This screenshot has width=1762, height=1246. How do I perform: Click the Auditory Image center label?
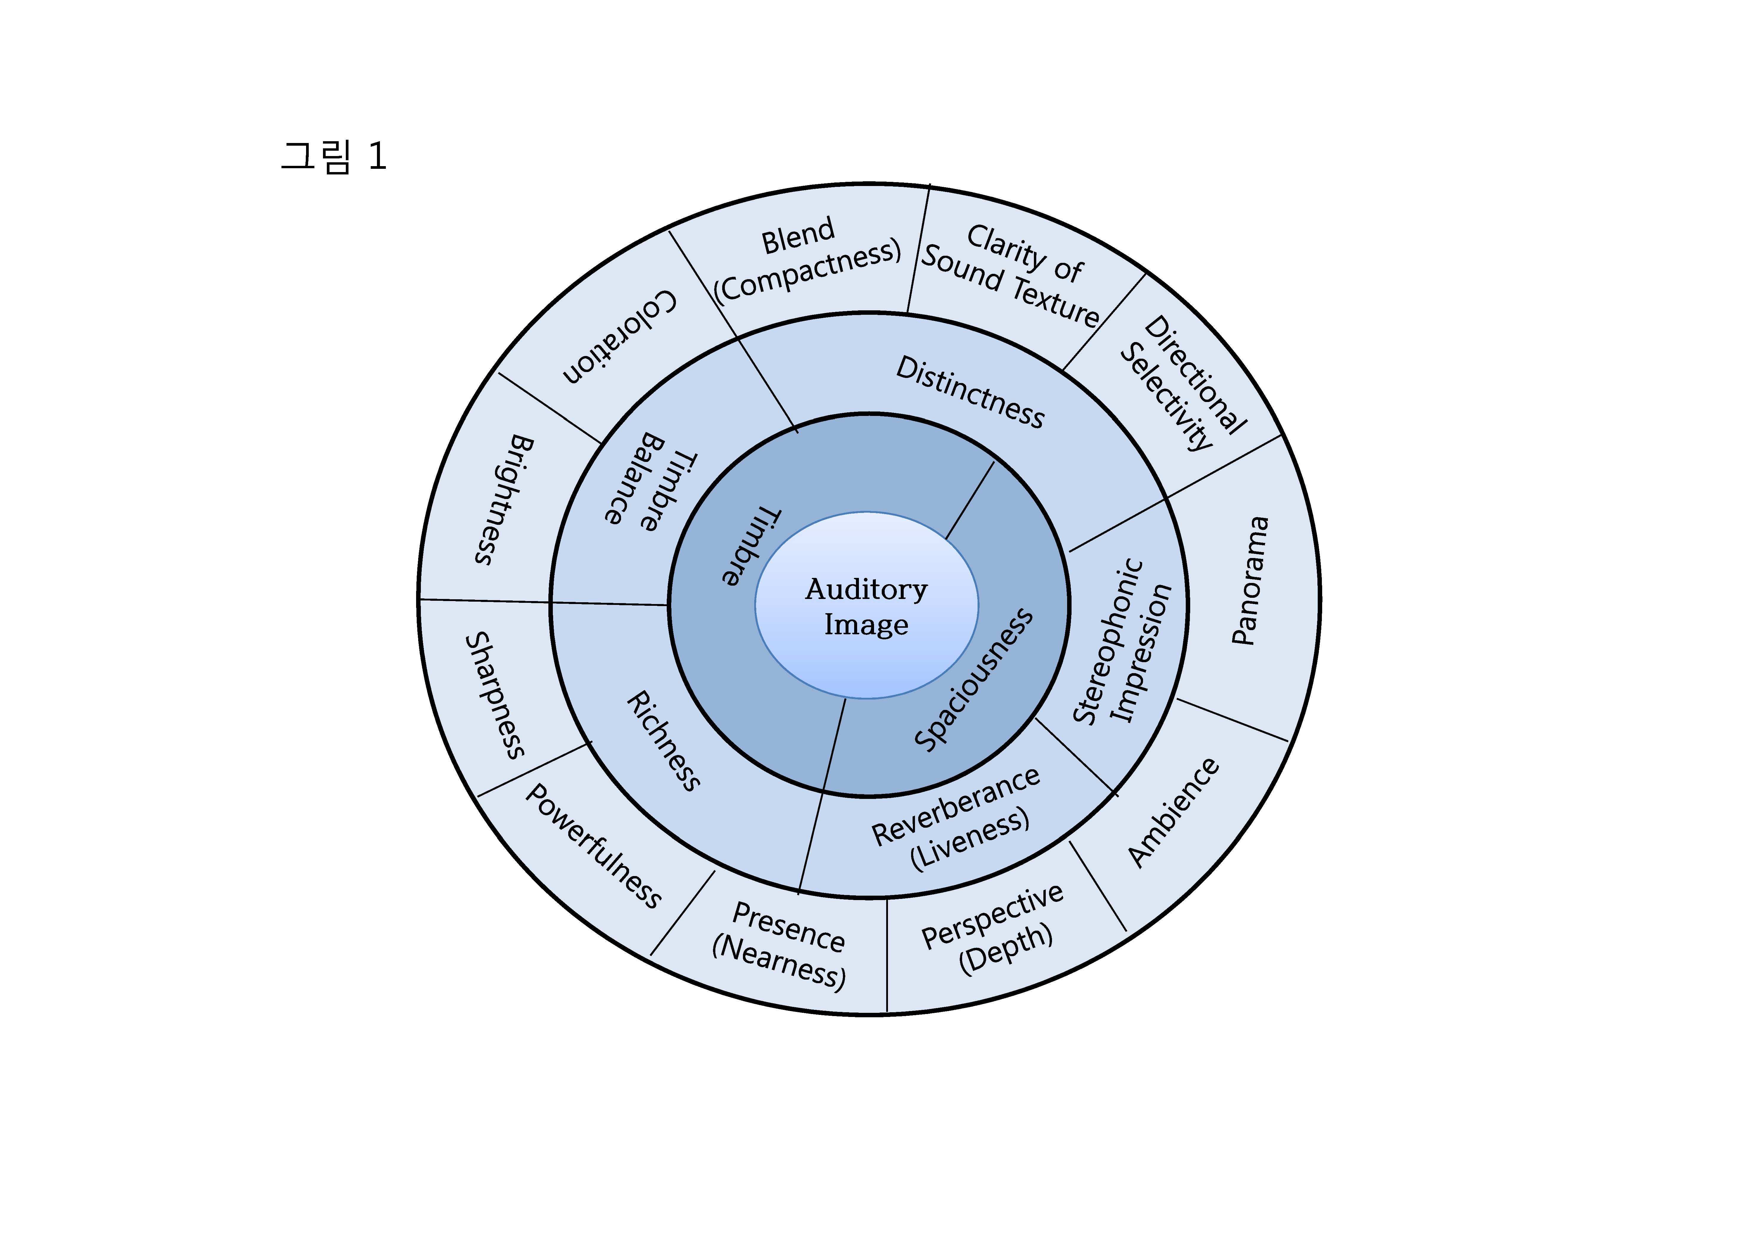click(866, 606)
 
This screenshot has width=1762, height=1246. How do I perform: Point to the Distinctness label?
click(970, 392)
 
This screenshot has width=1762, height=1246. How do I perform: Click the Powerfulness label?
click(593, 846)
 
